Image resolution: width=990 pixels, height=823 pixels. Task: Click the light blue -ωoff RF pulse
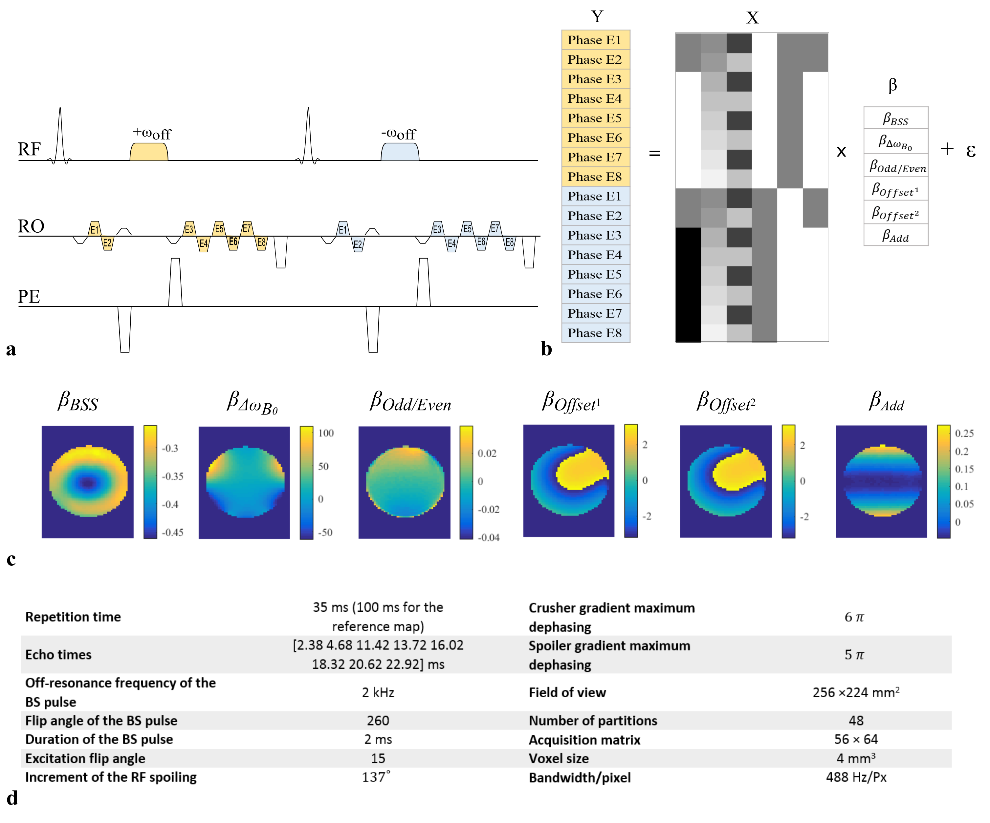click(x=399, y=152)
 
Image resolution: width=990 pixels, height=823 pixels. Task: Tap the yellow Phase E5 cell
click(x=595, y=118)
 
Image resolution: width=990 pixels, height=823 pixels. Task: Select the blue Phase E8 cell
click(x=595, y=333)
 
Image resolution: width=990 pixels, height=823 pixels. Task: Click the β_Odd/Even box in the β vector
click(x=896, y=166)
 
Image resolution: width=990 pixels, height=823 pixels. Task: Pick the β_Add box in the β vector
click(x=896, y=235)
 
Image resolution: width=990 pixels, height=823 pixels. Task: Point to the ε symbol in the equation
click(x=971, y=151)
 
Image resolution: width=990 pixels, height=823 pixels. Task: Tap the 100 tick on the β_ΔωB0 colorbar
click(x=326, y=433)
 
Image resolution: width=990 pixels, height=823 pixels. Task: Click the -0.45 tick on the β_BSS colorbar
click(x=172, y=532)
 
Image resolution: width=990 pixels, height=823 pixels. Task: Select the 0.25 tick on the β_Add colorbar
click(x=964, y=433)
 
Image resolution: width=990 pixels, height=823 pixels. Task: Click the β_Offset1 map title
click(x=570, y=402)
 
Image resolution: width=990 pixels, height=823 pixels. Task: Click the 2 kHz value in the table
click(x=378, y=692)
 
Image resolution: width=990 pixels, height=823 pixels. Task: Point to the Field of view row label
click(x=567, y=692)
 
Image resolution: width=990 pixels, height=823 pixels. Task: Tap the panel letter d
click(x=12, y=798)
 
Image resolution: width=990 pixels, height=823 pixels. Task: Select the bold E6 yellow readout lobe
click(x=233, y=242)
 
